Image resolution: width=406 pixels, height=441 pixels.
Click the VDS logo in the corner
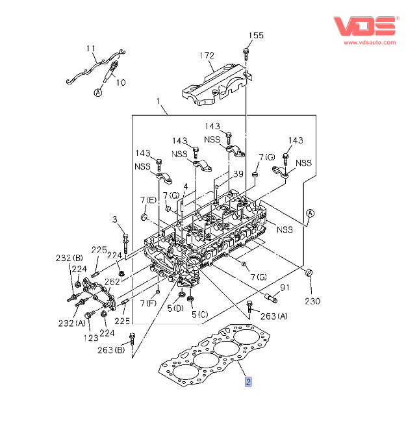pos(364,26)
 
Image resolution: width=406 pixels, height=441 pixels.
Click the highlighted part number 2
pos(247,382)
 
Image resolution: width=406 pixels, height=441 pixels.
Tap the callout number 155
pos(257,36)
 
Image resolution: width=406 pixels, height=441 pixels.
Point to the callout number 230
pos(313,301)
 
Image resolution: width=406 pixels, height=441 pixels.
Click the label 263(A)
pos(273,316)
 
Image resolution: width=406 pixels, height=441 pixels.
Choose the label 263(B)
pos(111,351)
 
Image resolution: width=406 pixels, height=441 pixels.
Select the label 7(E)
pos(147,199)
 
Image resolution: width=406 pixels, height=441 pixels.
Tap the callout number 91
pos(284,288)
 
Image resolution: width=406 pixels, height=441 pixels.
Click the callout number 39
pos(238,174)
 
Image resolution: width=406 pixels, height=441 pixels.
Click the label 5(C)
pos(199,314)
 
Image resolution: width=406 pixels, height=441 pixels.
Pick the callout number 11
pos(90,49)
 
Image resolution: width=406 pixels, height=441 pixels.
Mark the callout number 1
pos(158,101)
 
